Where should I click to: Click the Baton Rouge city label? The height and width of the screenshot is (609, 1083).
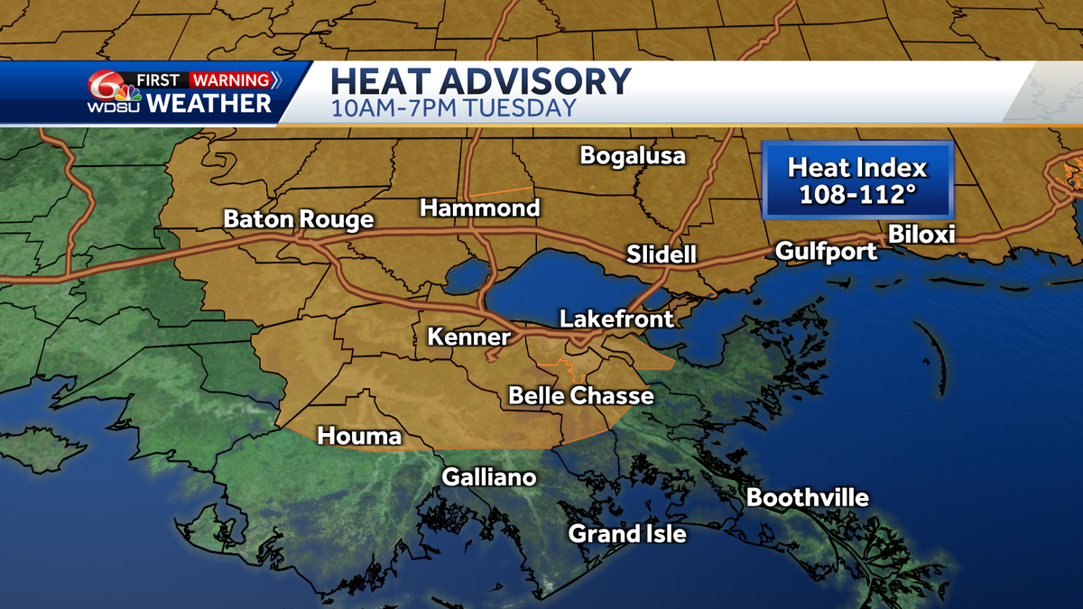click(x=298, y=219)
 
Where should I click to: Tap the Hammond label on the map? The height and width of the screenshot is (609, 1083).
click(x=479, y=208)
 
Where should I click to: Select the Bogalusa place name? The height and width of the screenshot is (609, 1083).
click(x=633, y=155)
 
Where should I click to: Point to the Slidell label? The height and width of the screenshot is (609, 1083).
click(x=662, y=255)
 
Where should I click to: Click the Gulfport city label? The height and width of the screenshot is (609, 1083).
click(x=827, y=251)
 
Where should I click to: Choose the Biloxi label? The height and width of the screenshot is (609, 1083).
click(x=921, y=235)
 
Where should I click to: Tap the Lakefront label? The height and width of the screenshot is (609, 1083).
click(x=616, y=318)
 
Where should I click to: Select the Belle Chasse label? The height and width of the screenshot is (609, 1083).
click(x=581, y=395)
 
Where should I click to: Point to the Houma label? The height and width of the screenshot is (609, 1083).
click(x=359, y=437)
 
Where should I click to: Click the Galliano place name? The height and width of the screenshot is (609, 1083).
click(x=488, y=477)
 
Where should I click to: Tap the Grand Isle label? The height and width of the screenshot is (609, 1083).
click(x=627, y=534)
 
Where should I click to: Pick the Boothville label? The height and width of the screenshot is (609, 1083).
click(x=808, y=498)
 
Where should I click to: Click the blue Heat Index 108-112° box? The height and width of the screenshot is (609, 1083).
click(x=856, y=180)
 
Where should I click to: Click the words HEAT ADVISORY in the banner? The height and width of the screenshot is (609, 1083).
click(x=480, y=81)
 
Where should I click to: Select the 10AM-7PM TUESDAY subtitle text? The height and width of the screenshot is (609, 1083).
click(x=453, y=109)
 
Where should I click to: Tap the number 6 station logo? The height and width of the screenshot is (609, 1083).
click(x=107, y=87)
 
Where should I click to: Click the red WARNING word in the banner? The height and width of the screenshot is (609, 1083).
click(x=230, y=80)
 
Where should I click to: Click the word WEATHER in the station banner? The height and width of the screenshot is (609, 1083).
click(x=208, y=103)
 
